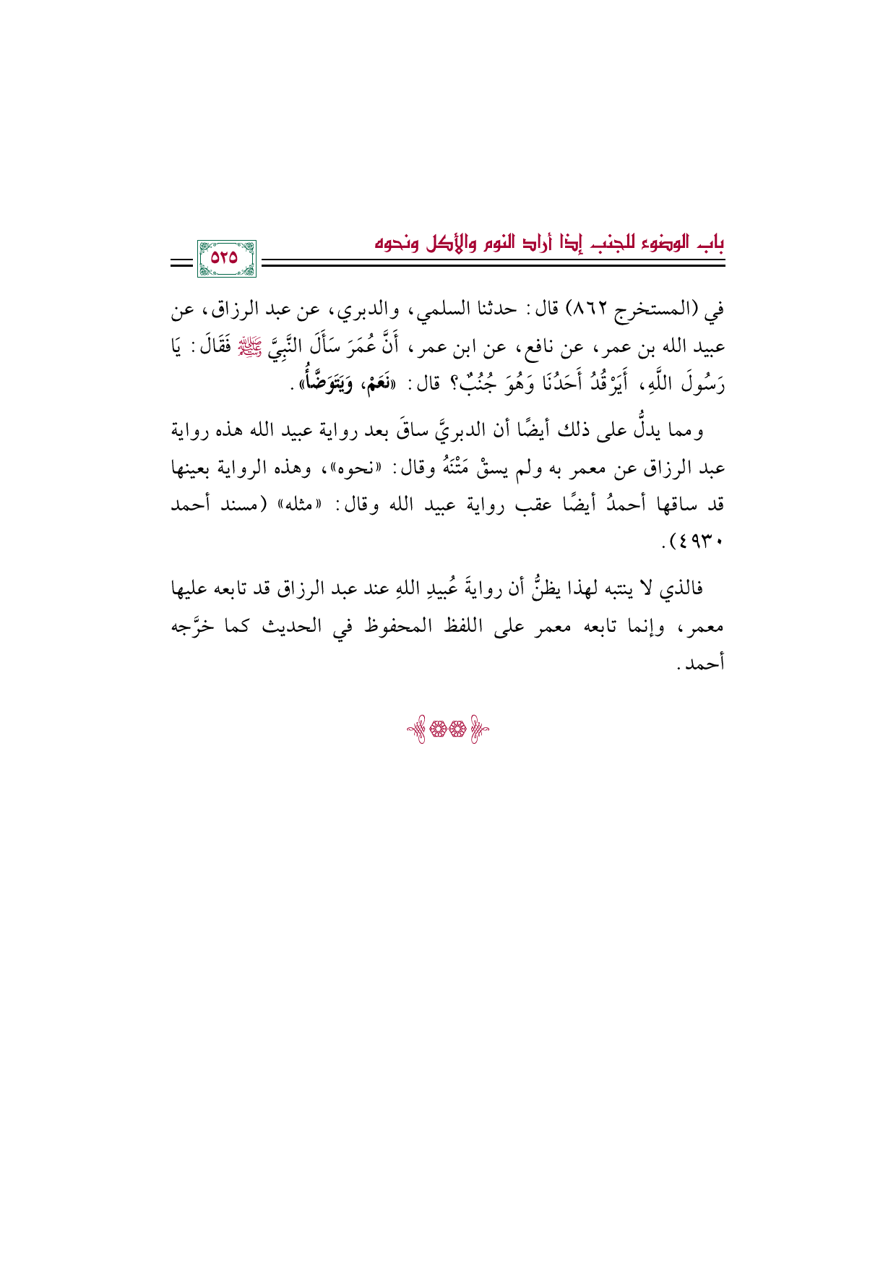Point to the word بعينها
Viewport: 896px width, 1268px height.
point(194,468)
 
